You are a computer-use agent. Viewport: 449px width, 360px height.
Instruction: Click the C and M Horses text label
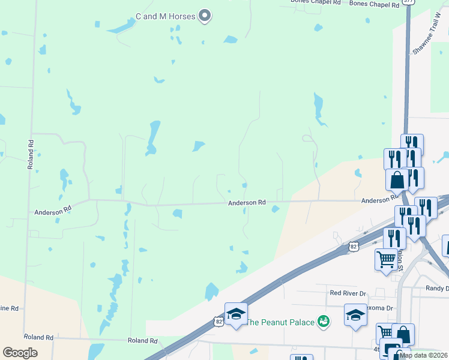pos(165,16)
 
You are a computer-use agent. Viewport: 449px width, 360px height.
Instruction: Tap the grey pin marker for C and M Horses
pos(205,16)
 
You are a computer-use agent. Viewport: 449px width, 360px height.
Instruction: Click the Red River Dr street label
pos(348,293)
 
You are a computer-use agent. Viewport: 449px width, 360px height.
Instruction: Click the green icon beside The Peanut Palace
pos(324,322)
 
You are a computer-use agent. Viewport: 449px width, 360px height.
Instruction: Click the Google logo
pos(20,353)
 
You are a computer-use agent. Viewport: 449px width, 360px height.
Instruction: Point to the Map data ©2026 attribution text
pos(424,355)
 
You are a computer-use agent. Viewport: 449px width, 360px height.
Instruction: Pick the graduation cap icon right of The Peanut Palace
pos(355,314)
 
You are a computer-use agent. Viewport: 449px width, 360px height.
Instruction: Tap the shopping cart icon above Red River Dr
pos(386,259)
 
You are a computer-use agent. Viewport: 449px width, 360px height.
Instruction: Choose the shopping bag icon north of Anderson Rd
pos(397,178)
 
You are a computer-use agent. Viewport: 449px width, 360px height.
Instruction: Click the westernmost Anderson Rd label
pos(53,212)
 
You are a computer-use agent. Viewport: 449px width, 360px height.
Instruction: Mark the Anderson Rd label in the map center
pos(246,203)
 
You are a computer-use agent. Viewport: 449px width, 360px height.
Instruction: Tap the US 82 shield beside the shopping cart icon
pos(354,246)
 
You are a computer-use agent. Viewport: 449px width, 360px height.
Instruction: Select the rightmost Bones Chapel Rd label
pos(374,4)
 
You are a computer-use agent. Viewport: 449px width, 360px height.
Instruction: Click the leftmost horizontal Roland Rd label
pos(38,338)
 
